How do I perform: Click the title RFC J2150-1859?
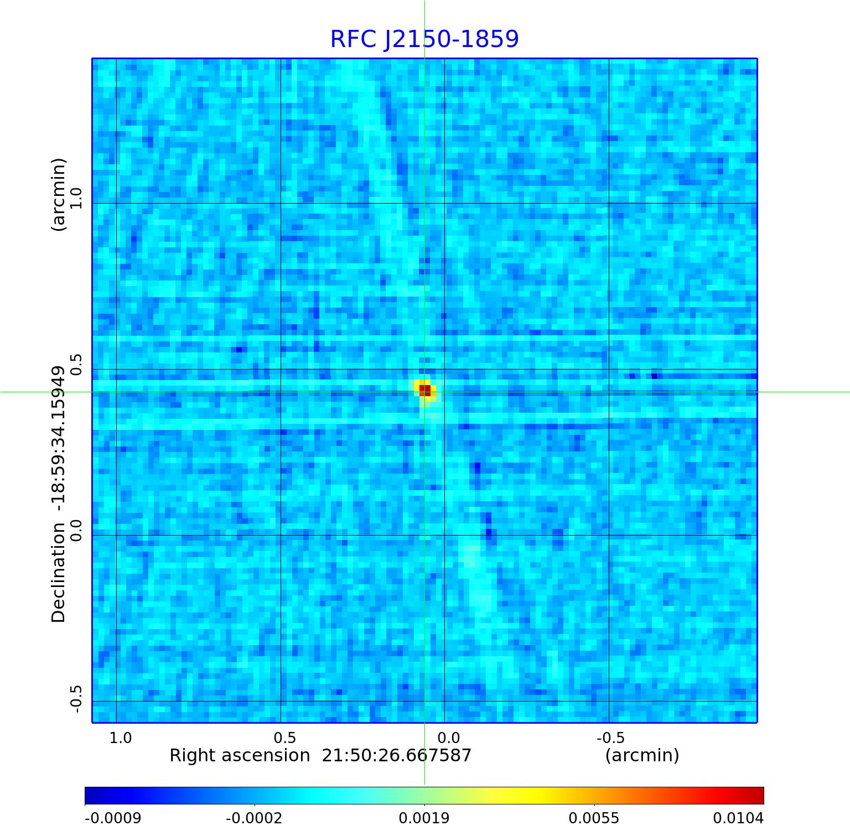(424, 39)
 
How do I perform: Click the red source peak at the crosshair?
(424, 390)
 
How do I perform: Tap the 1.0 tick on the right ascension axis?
(120, 738)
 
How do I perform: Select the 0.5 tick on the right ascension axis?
(284, 738)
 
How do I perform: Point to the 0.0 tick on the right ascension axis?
(448, 738)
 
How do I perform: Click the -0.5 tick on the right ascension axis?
(610, 738)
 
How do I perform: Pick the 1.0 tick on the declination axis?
(75, 199)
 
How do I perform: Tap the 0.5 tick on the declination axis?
(75, 364)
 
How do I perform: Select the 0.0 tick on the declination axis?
(75, 530)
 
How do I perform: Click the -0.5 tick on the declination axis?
(75, 699)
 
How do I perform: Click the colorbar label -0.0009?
(113, 818)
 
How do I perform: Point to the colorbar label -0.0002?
(254, 818)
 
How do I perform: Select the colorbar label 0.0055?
(594, 818)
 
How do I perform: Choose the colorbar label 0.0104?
(738, 818)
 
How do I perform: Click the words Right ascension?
(240, 755)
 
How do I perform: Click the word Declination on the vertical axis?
(58, 574)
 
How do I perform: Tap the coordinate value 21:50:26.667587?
(396, 755)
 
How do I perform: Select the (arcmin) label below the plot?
(642, 755)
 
